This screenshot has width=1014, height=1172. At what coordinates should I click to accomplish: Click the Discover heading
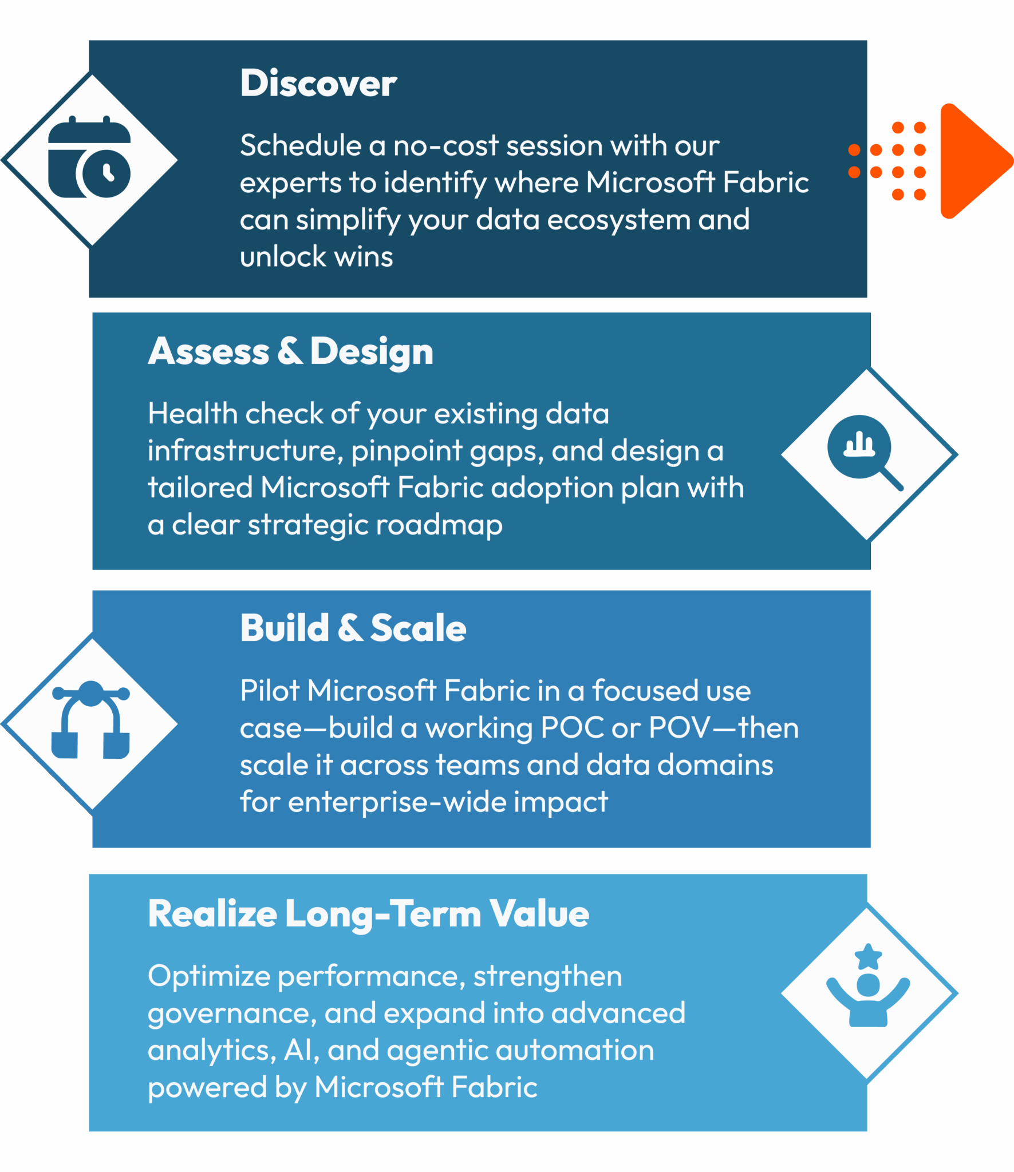point(318,84)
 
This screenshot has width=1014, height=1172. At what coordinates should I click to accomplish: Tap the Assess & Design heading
point(291,352)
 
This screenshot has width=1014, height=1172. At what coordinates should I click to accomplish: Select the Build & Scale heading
point(353,628)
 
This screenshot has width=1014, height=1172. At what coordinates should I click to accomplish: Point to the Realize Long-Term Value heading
point(369,913)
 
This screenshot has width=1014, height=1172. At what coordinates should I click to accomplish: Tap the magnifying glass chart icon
point(865,453)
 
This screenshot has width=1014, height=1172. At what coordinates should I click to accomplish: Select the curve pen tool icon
point(90,719)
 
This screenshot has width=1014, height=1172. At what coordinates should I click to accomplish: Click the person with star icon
point(868,985)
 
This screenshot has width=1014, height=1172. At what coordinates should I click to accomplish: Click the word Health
point(193,413)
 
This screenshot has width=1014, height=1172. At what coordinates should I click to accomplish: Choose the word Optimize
point(209,977)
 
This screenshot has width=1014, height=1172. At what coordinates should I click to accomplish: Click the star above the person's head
point(868,957)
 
